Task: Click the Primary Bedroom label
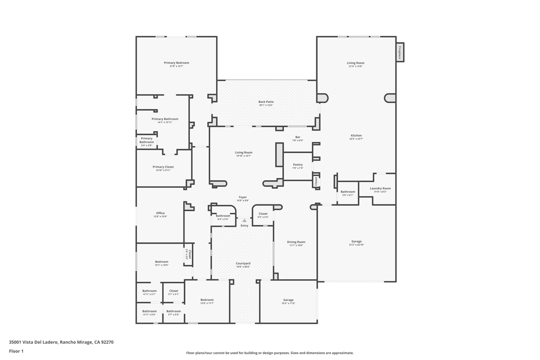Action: tap(176, 63)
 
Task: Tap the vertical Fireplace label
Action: tap(400, 52)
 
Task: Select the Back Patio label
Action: tap(266, 102)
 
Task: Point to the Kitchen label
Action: tap(356, 135)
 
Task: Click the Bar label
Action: tap(297, 137)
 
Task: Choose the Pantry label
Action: tap(297, 164)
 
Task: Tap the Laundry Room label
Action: tap(380, 188)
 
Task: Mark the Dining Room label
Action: tap(296, 242)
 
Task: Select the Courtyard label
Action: tap(243, 263)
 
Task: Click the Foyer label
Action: tap(243, 197)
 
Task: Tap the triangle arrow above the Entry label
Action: tap(244, 220)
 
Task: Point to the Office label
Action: tap(160, 213)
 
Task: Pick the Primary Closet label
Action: tap(163, 167)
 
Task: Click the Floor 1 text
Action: tap(16, 351)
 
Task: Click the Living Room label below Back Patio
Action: tap(244, 152)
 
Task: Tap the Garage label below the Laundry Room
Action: tap(356, 241)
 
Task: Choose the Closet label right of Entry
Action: tap(263, 213)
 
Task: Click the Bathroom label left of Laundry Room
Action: tap(348, 191)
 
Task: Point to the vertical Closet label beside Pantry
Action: tap(316, 181)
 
